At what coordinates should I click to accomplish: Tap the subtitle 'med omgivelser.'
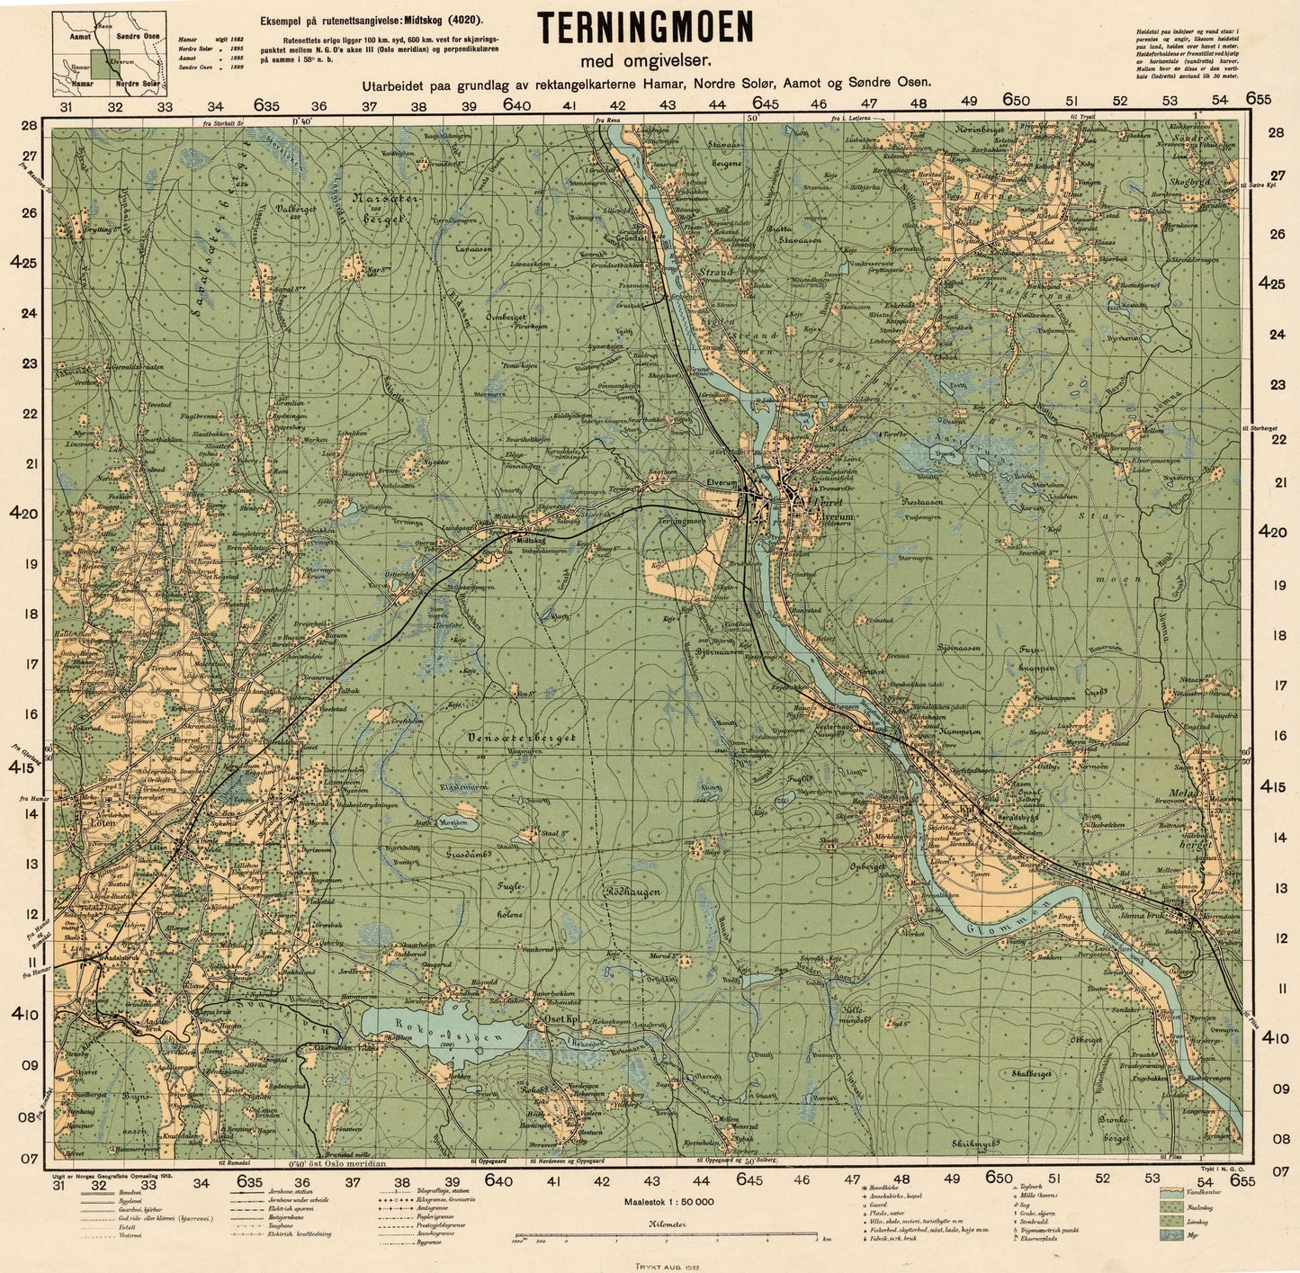coord(645,61)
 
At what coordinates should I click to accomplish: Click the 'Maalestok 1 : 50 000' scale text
coord(668,1201)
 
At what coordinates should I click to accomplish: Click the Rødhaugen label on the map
coord(633,892)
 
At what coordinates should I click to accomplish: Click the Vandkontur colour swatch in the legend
coord(1171,1191)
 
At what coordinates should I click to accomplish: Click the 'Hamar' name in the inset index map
coord(80,82)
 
